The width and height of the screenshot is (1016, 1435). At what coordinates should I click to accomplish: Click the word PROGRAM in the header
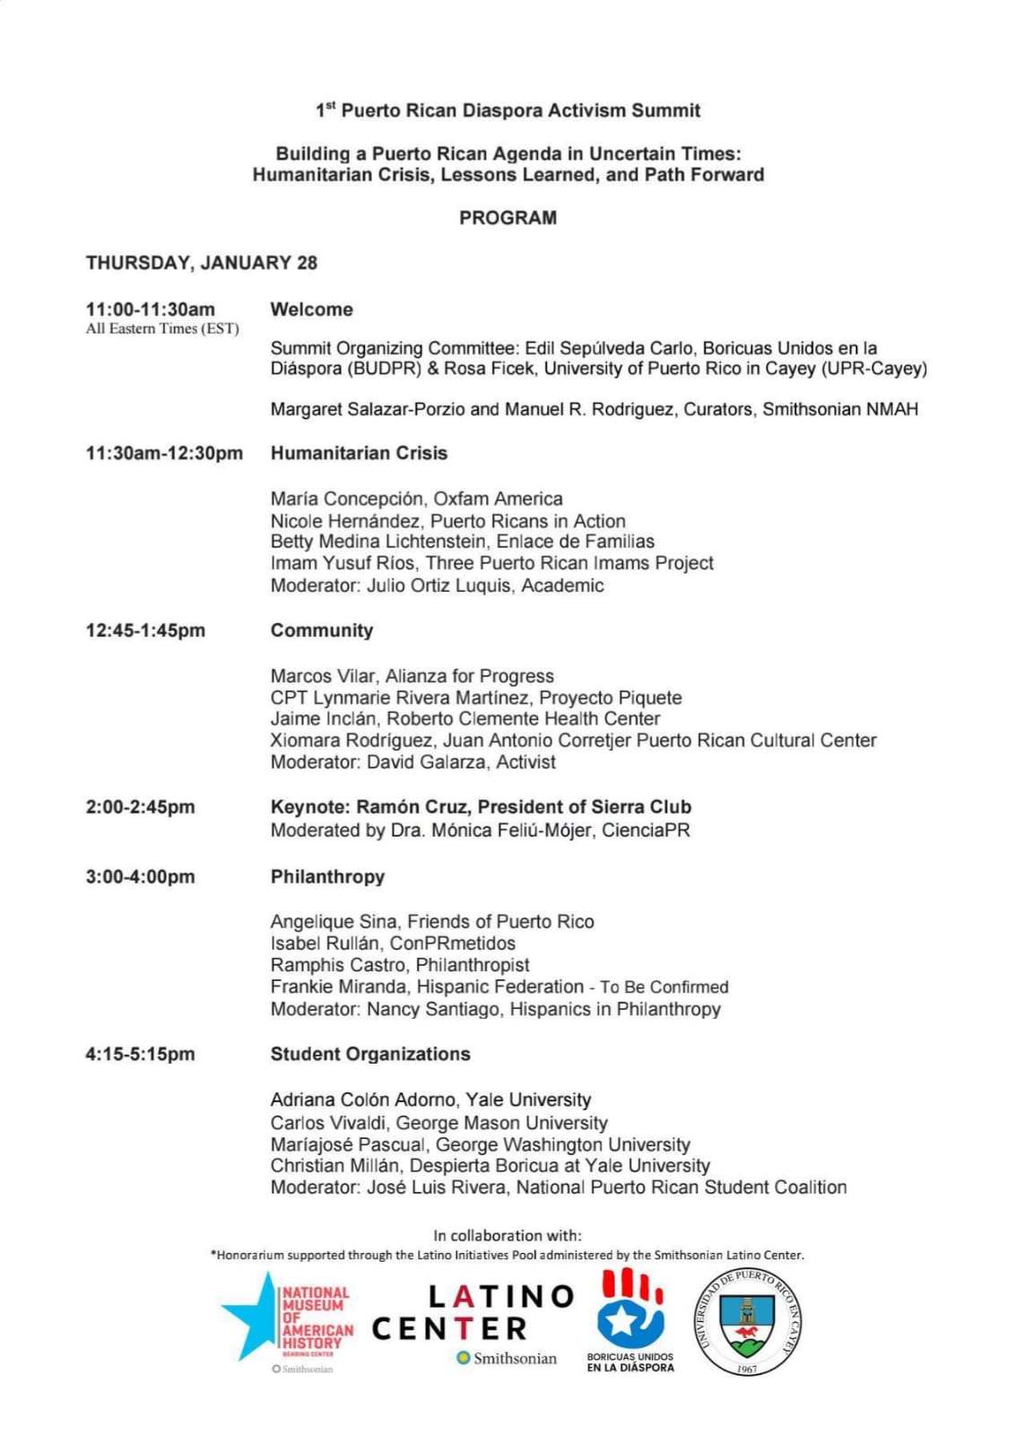coord(508,218)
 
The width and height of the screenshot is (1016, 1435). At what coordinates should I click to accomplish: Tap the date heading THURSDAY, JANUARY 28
coord(202,263)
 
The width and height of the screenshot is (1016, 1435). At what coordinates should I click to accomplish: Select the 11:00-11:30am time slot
coord(151,309)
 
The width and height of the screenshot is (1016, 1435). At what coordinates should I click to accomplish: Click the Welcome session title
coord(312,309)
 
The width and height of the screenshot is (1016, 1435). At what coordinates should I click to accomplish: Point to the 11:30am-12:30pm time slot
coord(164,453)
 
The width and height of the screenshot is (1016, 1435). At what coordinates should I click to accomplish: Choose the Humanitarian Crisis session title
coord(359,453)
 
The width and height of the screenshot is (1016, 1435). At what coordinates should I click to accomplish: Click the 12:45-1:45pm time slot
coord(145,631)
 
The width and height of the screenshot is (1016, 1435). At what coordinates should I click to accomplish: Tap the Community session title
coord(322,631)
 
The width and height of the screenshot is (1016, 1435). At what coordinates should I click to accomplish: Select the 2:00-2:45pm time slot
coord(140,807)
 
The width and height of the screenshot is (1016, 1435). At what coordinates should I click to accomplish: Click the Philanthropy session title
coord(327,876)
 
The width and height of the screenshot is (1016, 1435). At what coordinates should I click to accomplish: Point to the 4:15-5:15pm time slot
coord(140,1054)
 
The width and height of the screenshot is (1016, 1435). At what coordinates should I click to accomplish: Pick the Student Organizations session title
coord(370,1054)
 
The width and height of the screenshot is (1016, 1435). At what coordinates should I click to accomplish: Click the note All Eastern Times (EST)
coord(162,329)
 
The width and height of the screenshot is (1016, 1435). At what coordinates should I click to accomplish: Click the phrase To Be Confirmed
coord(664,987)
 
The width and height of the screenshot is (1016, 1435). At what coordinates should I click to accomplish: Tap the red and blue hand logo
coord(630,1309)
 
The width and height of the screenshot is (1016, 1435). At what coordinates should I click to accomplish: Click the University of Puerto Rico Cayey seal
coord(747,1321)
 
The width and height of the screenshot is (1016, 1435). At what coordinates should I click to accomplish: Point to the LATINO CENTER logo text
coord(473,1312)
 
